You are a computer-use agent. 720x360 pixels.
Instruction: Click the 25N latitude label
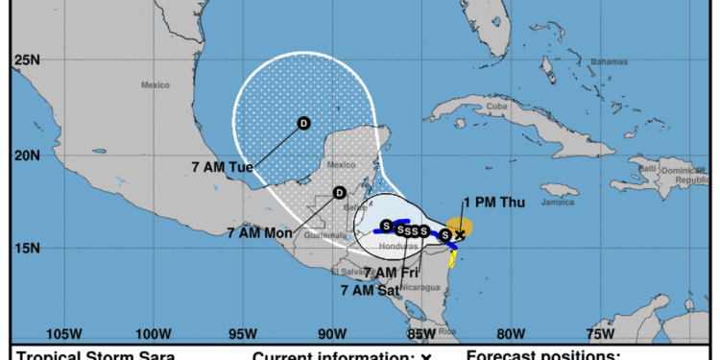point(26,61)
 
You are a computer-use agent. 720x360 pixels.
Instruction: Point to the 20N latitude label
point(26,156)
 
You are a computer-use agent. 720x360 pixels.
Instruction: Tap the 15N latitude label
point(26,249)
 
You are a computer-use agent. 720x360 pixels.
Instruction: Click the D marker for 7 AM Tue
point(303,123)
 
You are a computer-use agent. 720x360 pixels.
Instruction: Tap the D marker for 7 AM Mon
point(339,193)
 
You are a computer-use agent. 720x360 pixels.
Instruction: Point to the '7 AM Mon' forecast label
point(260,232)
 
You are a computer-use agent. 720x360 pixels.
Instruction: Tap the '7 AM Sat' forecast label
point(372,288)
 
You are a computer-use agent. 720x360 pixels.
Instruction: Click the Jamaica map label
point(551,203)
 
